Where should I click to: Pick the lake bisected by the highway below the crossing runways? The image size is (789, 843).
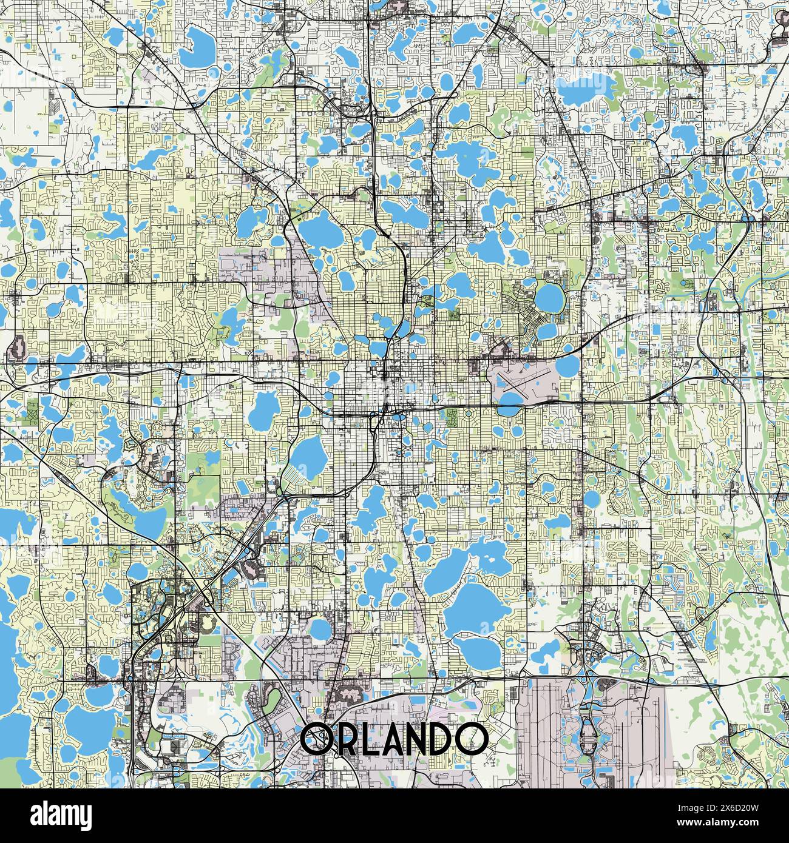click(x=511, y=410)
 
